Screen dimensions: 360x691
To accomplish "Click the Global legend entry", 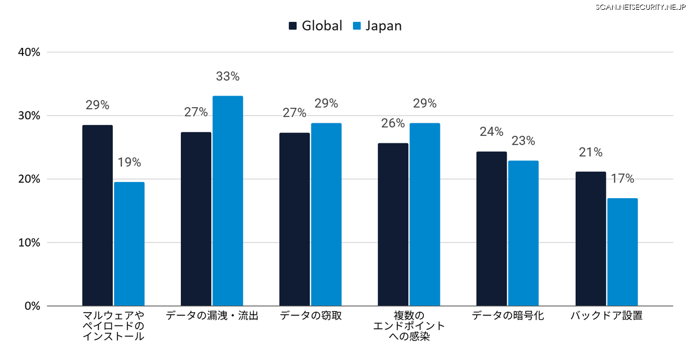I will (316, 26).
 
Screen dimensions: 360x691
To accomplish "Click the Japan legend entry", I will (377, 26).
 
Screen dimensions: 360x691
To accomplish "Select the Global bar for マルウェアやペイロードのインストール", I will (97, 215).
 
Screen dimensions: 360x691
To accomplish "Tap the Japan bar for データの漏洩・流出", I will (227, 201).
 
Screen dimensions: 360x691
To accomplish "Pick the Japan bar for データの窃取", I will (326, 214).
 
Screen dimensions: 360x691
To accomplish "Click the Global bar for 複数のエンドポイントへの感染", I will (393, 225).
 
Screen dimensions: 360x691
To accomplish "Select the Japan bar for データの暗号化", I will (523, 233).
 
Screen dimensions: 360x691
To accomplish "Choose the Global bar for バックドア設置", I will (590, 238).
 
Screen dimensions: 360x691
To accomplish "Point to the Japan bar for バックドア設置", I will (622, 252).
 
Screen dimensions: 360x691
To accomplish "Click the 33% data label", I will (227, 76).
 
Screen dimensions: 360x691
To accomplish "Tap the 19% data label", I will (129, 162).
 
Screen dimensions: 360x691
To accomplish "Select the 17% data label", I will (622, 179).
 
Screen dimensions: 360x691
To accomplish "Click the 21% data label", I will (591, 152).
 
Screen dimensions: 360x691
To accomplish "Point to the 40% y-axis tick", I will (29, 52).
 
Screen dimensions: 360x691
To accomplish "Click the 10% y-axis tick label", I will (29, 242).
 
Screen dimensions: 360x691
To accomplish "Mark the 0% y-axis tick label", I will (32, 306).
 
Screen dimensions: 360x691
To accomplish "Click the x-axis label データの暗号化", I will (507, 316).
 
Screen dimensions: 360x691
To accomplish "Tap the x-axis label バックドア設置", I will (606, 316).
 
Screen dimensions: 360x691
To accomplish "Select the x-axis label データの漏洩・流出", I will (212, 316).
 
